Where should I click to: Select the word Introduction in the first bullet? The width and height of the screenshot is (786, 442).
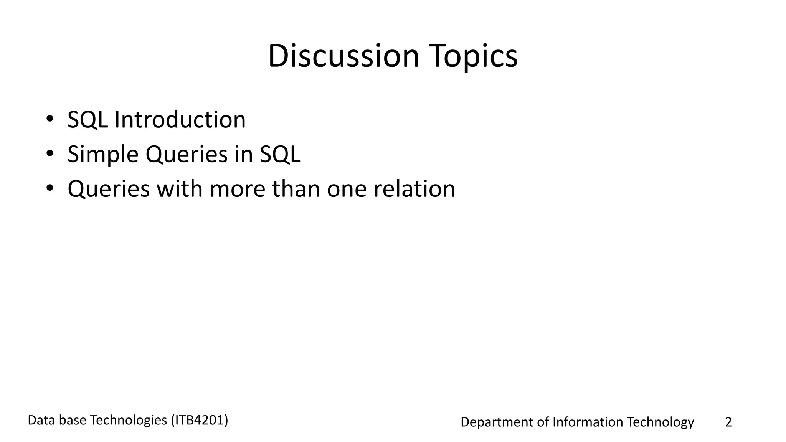coord(180,119)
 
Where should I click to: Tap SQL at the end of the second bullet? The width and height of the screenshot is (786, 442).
coord(280,154)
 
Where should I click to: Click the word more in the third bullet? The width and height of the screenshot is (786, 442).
coord(237,189)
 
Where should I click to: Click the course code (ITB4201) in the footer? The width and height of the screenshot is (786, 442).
coord(199,420)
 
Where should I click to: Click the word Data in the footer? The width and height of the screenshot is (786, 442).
coord(40,420)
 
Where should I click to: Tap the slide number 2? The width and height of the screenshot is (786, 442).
coord(728,422)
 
